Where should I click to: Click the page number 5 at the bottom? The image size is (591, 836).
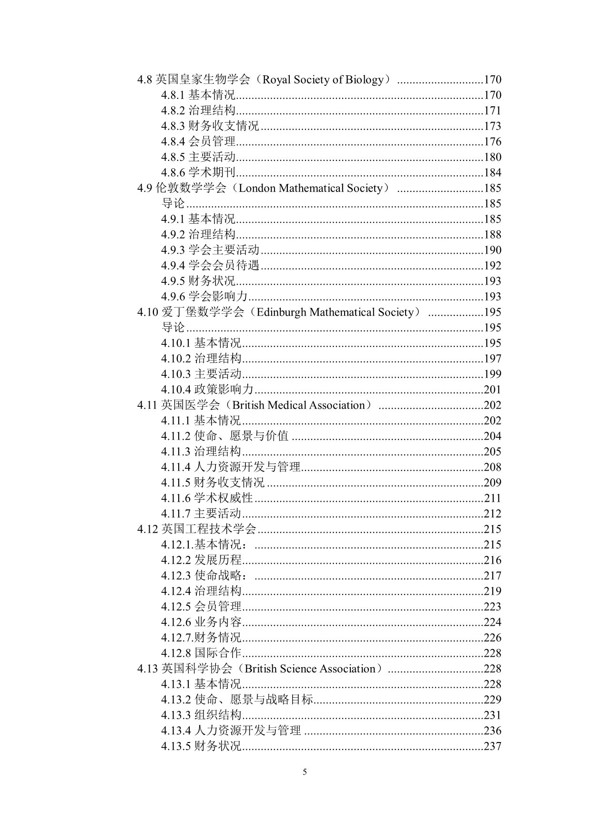coord(305,772)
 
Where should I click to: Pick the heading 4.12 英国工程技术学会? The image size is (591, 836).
coord(197,529)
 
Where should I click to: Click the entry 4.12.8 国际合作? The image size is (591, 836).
coord(201,653)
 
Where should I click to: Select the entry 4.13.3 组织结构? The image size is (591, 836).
coord(201,715)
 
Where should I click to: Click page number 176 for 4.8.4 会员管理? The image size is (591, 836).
coord(492,142)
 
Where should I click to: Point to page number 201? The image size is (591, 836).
coord(492,390)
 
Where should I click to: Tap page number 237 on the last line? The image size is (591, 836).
coord(492,746)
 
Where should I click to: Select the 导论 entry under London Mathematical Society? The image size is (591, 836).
coord(173,204)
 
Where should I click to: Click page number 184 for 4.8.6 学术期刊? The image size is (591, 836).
coord(492,173)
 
